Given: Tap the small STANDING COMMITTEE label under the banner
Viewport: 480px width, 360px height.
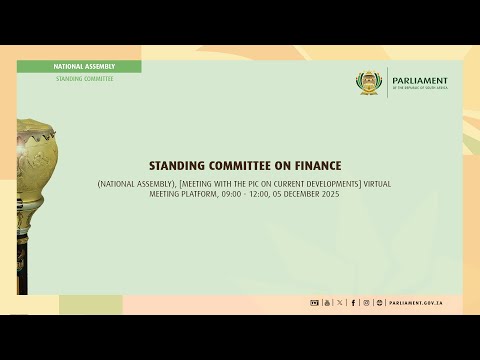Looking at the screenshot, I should (84, 78).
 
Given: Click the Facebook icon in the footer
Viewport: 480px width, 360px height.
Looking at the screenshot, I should (353, 302).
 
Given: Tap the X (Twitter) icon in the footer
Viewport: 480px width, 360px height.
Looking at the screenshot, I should (340, 302).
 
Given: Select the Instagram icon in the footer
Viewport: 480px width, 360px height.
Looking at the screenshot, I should (366, 302).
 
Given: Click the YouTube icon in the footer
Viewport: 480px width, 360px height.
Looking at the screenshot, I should (327, 302).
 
